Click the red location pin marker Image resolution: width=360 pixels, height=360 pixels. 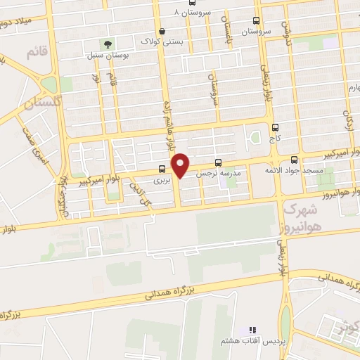click(181, 166)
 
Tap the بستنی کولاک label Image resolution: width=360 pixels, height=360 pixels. click(163, 42)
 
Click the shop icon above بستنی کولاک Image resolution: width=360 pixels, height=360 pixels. click(163, 31)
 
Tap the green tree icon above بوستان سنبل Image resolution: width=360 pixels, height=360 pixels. click(108, 44)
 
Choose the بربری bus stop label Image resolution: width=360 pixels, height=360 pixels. click(162, 181)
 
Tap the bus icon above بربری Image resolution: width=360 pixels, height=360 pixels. click(162, 169)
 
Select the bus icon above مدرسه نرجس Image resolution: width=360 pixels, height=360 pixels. click(218, 161)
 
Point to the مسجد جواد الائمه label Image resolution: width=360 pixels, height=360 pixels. click(283, 171)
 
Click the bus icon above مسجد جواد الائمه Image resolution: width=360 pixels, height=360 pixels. click(294, 160)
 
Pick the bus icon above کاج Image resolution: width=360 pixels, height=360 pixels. click(274, 128)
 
